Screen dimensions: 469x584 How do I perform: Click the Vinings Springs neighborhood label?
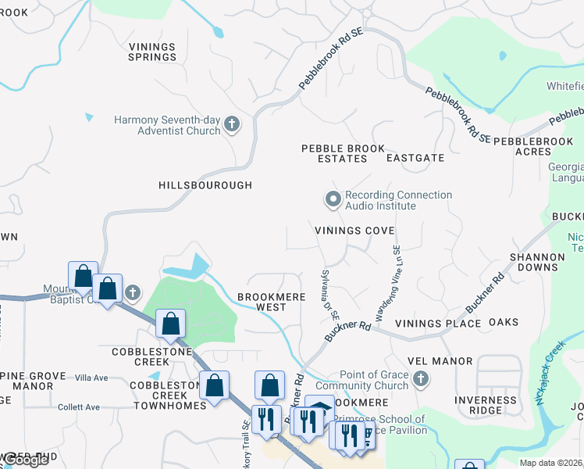click(x=152, y=52)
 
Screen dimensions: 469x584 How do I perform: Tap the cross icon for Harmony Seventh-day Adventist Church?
click(x=231, y=124)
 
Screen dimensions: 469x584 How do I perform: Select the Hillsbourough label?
click(x=205, y=185)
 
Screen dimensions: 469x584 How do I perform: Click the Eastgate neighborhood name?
click(x=415, y=158)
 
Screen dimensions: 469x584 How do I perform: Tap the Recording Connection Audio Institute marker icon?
click(x=333, y=200)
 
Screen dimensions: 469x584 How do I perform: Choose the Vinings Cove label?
click(x=354, y=231)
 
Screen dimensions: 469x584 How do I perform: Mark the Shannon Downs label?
click(x=536, y=262)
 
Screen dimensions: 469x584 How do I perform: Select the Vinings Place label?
click(x=437, y=323)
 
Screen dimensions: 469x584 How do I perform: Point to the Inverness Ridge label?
click(x=486, y=406)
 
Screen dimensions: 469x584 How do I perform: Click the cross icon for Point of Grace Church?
click(x=422, y=380)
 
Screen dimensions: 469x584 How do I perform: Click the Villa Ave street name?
click(x=91, y=378)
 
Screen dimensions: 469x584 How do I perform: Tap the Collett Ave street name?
click(x=79, y=407)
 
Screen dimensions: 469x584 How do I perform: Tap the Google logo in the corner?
click(x=25, y=460)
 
